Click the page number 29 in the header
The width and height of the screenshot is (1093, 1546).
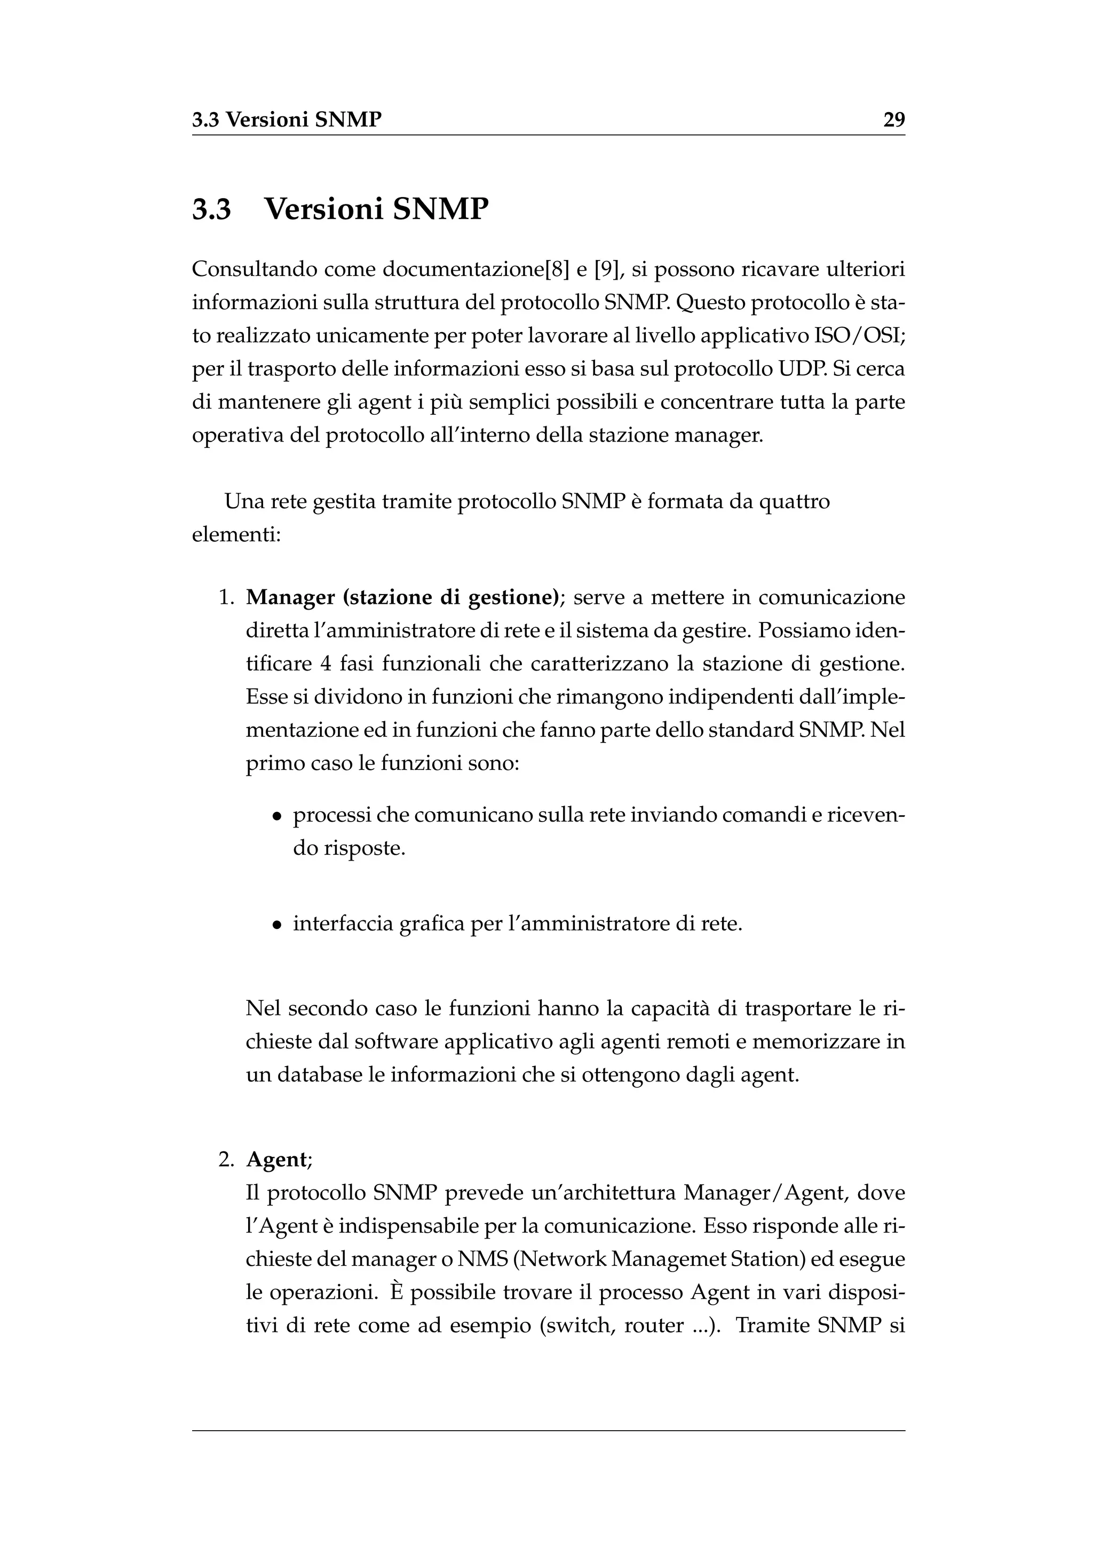click(894, 120)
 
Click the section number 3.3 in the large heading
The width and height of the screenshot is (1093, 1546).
click(211, 209)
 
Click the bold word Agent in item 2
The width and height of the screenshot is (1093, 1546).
click(276, 1159)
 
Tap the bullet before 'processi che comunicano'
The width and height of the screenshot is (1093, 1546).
click(276, 817)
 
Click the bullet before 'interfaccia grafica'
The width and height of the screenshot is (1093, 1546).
click(276, 925)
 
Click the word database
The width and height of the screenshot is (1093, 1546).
click(320, 1075)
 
